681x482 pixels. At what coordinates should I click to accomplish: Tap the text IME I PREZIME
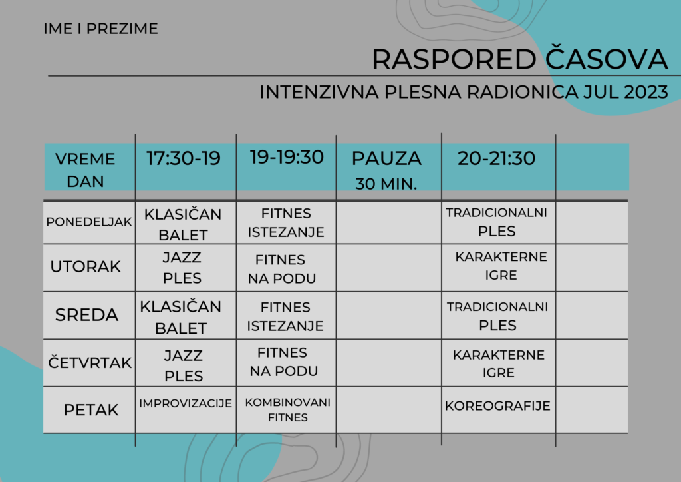[101, 29]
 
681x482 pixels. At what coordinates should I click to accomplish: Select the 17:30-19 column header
[184, 158]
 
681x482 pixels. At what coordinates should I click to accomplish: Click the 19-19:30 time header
[287, 157]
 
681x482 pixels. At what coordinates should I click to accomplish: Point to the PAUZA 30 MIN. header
[386, 170]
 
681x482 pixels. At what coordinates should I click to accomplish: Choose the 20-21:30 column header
[496, 158]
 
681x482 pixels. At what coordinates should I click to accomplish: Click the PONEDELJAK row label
[89, 222]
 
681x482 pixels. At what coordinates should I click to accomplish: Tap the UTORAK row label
[85, 266]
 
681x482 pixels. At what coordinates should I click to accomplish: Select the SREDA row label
[87, 315]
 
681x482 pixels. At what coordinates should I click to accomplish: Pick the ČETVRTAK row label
[90, 361]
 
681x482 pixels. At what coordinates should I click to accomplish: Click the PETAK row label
[90, 410]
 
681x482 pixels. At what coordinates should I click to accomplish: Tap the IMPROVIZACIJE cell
[186, 403]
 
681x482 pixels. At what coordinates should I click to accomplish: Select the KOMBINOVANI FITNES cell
[287, 410]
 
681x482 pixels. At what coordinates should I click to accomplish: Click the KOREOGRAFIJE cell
[497, 406]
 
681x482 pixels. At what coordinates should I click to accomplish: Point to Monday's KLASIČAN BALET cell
[183, 224]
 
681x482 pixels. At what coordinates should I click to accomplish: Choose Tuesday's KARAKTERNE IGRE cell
[501, 266]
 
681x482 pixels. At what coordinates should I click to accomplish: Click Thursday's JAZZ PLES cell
[184, 365]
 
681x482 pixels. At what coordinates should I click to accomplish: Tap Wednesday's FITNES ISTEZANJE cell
[285, 316]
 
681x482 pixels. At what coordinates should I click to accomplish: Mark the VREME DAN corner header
[85, 170]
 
